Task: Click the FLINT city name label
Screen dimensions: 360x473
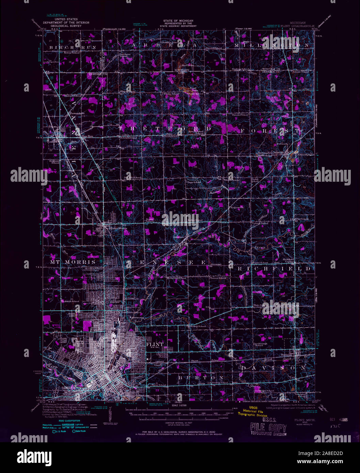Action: click(155, 344)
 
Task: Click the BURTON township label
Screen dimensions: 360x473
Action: click(201, 378)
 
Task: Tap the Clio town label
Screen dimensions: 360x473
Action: click(63, 136)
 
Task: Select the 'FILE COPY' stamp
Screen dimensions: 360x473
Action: click(268, 427)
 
